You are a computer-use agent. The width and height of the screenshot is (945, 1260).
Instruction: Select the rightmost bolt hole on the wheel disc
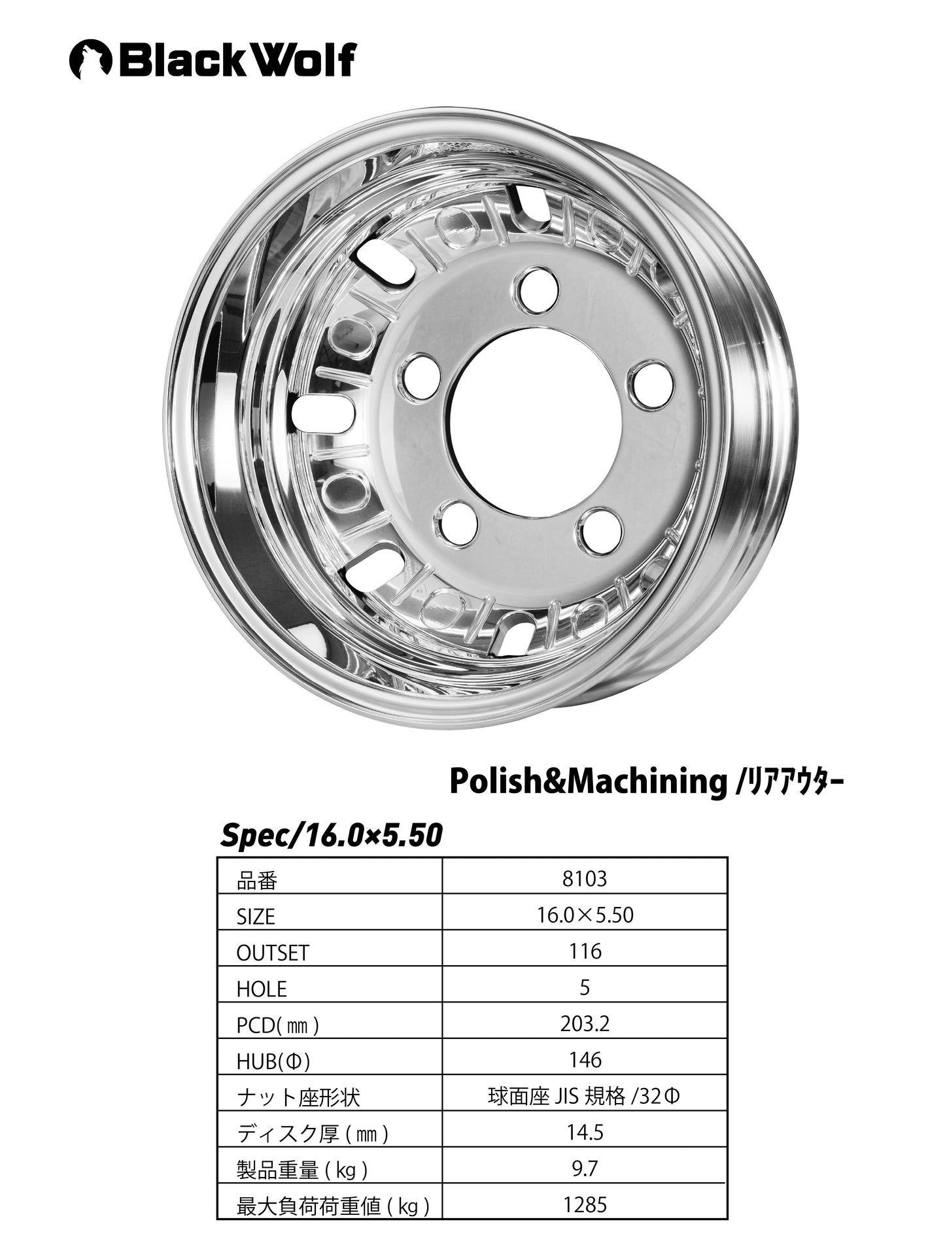(x=652, y=384)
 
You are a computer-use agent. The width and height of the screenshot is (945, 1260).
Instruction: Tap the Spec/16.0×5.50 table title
(x=332, y=835)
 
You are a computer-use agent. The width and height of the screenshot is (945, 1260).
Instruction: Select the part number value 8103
(x=585, y=878)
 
